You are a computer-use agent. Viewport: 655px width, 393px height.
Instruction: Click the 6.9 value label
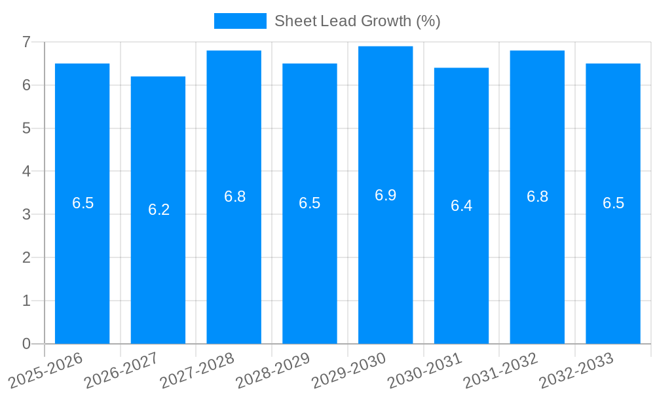385,195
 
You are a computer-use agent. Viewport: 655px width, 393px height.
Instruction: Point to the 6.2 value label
159,210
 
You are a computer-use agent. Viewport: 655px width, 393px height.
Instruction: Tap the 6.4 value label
461,206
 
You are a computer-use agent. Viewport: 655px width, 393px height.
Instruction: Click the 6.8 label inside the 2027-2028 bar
234,196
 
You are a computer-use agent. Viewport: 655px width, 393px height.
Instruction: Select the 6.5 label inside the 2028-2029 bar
309,203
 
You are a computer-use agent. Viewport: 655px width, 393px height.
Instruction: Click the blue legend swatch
240,21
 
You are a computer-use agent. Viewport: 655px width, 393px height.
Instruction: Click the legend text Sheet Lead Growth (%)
357,21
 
